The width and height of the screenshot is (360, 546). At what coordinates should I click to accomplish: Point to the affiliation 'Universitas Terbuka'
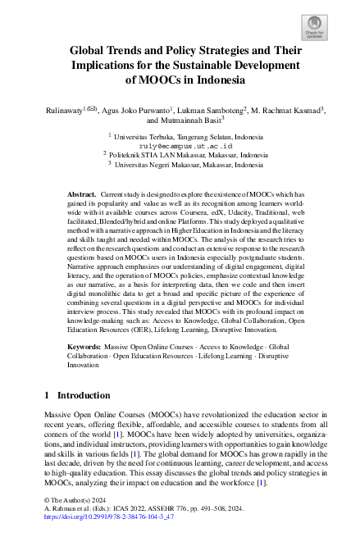[146, 137]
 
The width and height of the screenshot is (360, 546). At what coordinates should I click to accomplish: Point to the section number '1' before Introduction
[48, 395]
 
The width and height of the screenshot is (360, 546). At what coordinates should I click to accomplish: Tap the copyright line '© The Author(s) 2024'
[75, 499]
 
